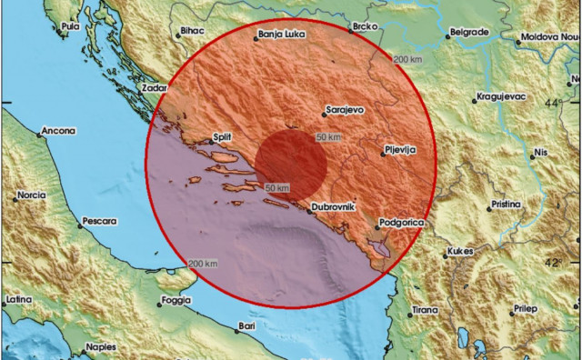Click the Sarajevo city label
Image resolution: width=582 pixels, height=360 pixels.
[346, 110]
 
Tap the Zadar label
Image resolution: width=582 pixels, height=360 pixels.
[155, 89]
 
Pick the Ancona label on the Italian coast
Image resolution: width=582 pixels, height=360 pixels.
[58, 131]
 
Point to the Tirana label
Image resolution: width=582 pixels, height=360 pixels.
[424, 310]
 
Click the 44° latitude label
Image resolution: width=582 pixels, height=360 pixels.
[554, 104]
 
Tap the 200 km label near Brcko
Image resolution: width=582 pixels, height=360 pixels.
[408, 59]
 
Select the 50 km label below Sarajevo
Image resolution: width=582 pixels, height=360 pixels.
[328, 135]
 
